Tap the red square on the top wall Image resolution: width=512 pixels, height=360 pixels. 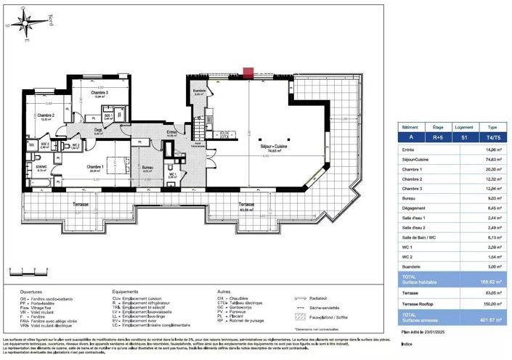pos(248,73)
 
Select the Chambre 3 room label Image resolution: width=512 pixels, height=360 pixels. pos(99,94)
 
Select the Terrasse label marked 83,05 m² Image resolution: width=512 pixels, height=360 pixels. pos(248,205)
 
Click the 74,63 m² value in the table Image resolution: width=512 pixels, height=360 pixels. pos(479,157)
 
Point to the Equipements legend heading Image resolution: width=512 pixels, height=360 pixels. pos(127,292)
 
